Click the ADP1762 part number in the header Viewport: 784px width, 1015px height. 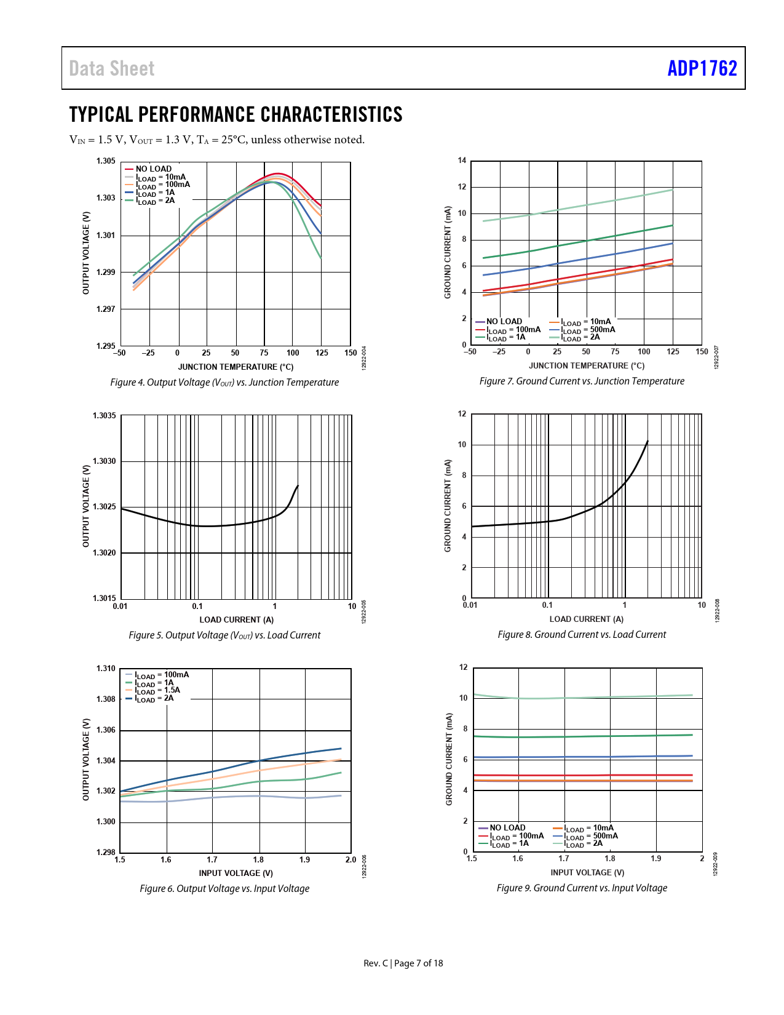click(702, 68)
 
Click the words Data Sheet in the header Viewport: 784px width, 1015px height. click(112, 68)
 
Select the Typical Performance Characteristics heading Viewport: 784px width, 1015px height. click(236, 114)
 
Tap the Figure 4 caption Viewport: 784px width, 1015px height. click(224, 383)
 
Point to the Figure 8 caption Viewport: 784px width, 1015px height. click(582, 635)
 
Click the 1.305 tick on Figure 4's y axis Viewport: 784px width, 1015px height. click(106, 161)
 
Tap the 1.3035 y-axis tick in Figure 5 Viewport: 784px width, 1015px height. click(105, 416)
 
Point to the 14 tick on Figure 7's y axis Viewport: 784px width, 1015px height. click(462, 161)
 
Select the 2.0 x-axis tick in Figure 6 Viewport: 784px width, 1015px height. click(350, 860)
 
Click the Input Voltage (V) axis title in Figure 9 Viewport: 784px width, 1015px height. click(587, 872)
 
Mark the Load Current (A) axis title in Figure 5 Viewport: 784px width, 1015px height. click(236, 619)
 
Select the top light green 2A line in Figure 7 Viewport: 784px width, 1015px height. click(584, 205)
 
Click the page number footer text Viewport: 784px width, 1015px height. click(403, 963)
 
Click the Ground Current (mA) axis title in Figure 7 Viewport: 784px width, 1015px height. click(448, 252)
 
